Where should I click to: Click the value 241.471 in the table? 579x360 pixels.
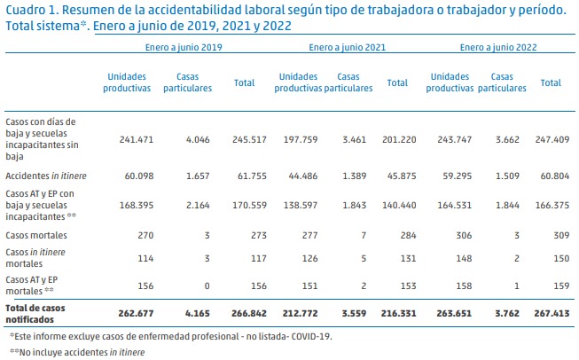point(126,140)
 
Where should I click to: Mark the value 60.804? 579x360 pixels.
point(551,177)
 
